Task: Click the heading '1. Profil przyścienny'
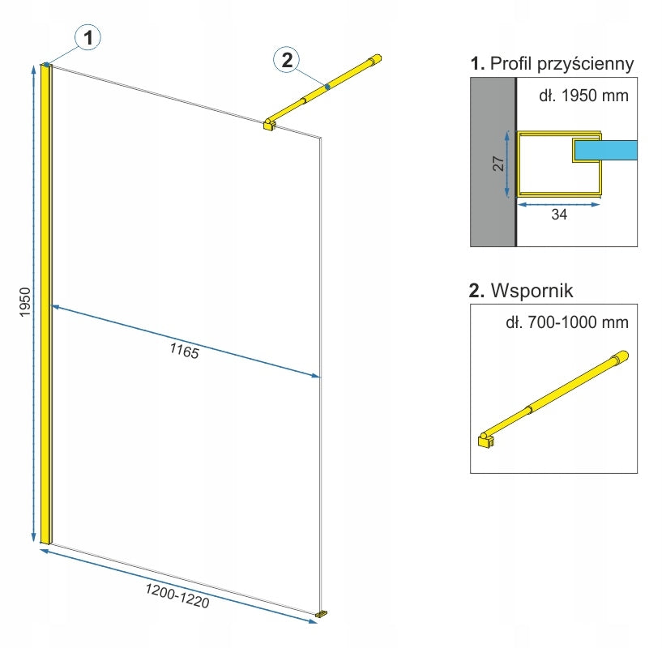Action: pos(552,63)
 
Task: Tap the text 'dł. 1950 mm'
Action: pos(583,96)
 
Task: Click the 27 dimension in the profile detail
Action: pos(499,163)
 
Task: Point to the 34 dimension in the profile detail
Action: pos(559,215)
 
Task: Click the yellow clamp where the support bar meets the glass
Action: pos(269,124)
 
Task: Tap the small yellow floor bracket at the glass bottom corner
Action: pos(322,615)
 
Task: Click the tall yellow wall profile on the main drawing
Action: pos(46,304)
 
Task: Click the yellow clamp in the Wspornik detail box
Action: pos(485,441)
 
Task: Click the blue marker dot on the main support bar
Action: pos(327,85)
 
